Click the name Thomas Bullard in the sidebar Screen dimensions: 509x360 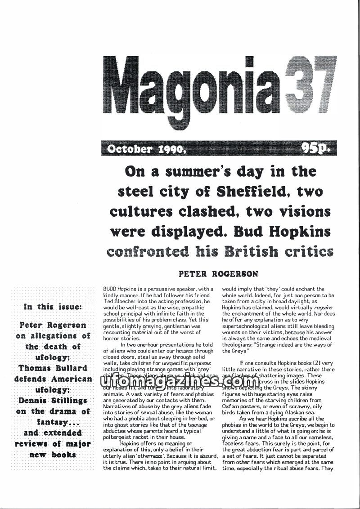[53, 368]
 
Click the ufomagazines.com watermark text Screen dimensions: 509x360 [180, 381]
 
